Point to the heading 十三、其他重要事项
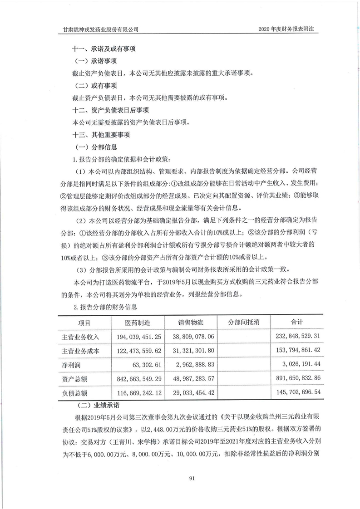click(x=102, y=135)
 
